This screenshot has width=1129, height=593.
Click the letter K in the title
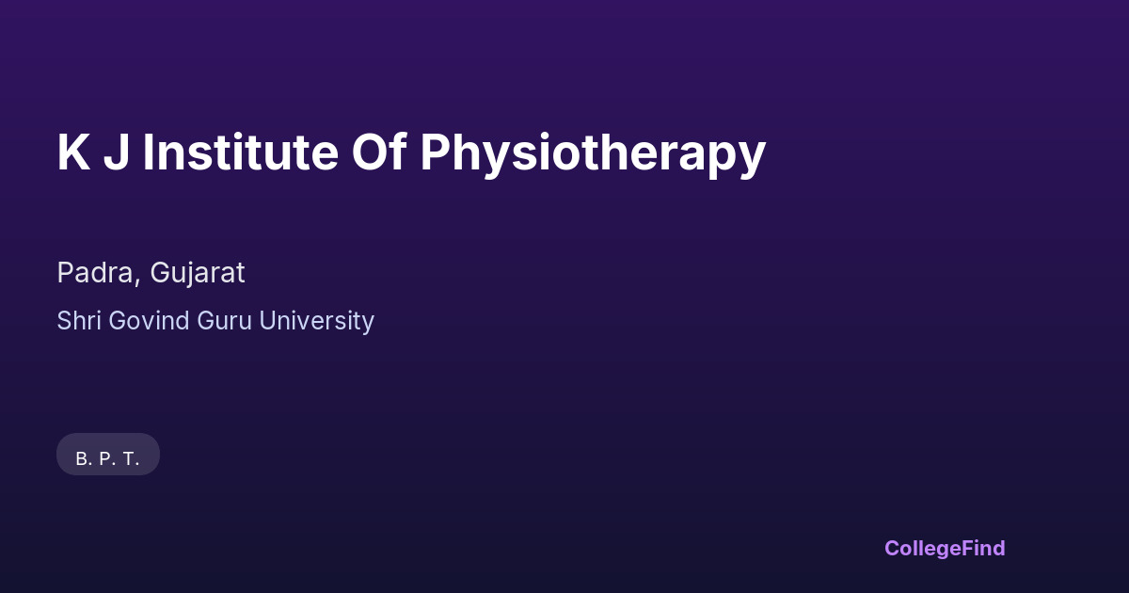(74, 152)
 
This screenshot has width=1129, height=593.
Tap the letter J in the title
(117, 152)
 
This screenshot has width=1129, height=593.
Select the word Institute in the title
(241, 152)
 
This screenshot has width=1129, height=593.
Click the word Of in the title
(379, 152)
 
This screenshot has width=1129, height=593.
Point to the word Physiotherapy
(594, 155)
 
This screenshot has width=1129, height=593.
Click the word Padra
(96, 273)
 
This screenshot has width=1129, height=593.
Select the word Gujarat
(198, 274)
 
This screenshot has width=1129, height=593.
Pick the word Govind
(150, 321)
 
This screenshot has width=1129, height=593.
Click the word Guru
(224, 321)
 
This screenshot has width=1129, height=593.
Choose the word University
(316, 322)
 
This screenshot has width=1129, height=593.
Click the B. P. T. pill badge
(108, 454)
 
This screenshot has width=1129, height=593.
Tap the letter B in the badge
(82, 459)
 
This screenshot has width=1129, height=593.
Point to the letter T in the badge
(129, 459)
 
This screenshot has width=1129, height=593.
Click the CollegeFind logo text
(945, 549)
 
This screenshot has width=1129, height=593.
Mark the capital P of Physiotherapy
(435, 152)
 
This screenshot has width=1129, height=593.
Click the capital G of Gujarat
(160, 273)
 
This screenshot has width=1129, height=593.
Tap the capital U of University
(268, 321)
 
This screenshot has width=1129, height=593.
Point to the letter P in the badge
(105, 459)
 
